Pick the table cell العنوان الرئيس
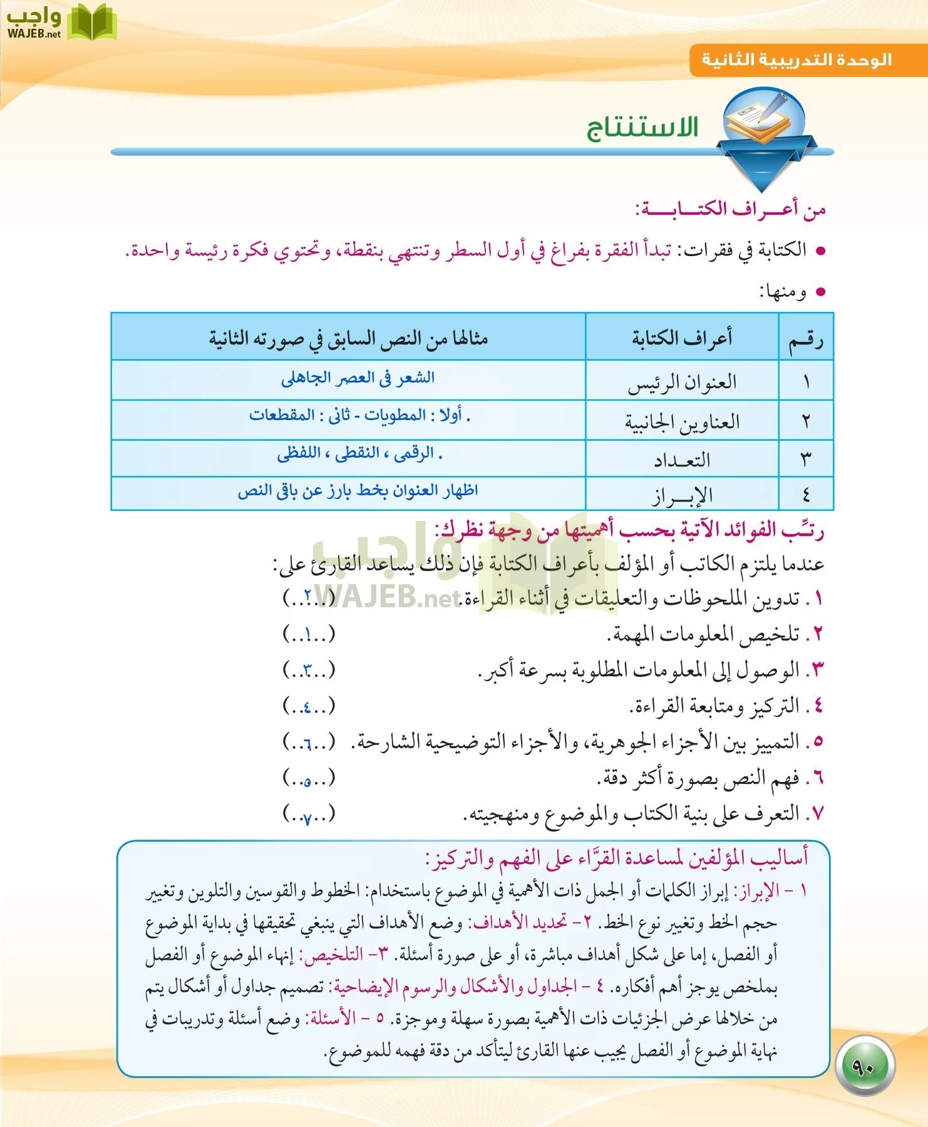682,382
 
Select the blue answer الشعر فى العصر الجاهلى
358,378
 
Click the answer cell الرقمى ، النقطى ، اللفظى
359,453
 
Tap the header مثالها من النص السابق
348,339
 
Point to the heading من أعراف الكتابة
730,209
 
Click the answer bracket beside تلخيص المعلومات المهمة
309,635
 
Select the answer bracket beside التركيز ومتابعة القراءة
309,707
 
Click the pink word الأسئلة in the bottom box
331,1019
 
